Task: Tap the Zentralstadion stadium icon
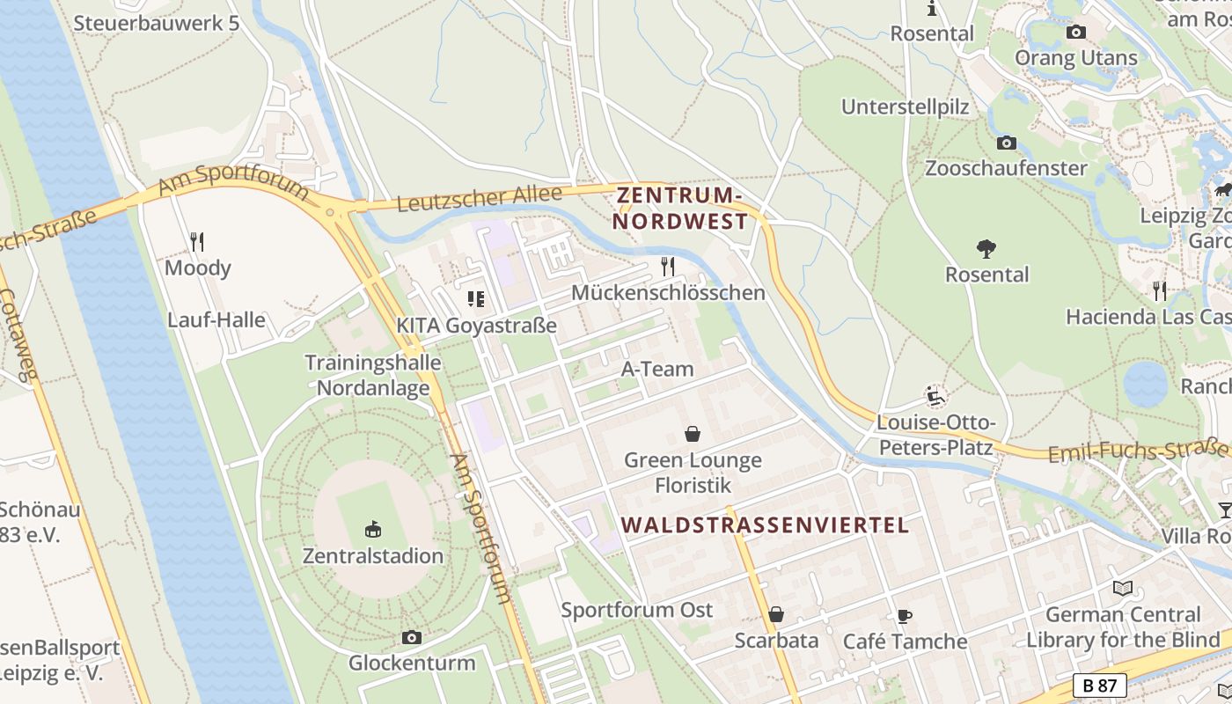(x=373, y=529)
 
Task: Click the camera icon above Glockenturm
(x=411, y=637)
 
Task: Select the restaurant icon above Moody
(x=197, y=241)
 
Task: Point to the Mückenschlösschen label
(x=668, y=293)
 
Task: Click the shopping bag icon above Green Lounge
(x=693, y=434)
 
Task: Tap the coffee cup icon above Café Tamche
(x=905, y=616)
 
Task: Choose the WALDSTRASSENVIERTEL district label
(x=764, y=525)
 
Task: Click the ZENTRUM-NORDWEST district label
(x=680, y=208)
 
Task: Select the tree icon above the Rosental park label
(x=986, y=249)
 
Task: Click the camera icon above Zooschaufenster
(x=1006, y=143)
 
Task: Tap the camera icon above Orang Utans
(x=1075, y=33)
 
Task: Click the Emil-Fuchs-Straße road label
(x=1139, y=451)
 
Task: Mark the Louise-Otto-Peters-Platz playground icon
(x=935, y=395)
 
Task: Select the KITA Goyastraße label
(x=476, y=326)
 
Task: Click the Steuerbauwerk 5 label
(x=156, y=23)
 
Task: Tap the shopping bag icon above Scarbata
(x=776, y=614)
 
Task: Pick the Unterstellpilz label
(x=905, y=107)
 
